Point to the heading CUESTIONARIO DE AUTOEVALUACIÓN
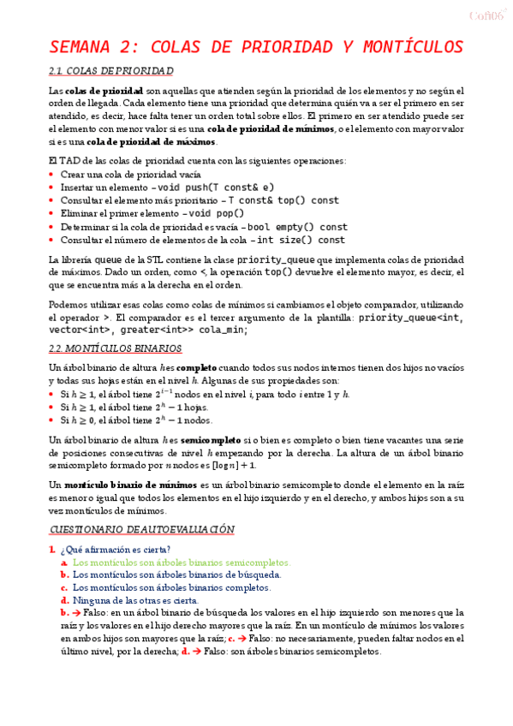tap(142, 530)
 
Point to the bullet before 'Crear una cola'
tap(52, 174)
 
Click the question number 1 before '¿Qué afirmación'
tap(52, 549)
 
